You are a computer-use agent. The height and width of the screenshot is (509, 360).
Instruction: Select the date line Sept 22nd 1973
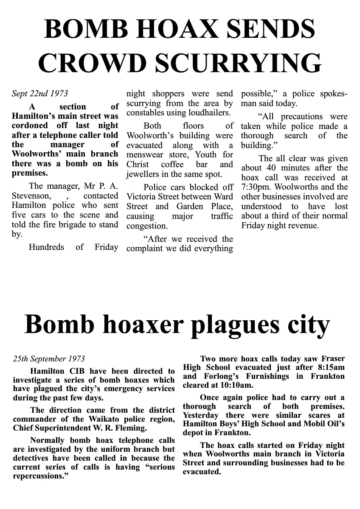tap(39, 93)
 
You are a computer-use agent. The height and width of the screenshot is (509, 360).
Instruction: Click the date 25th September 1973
tap(49, 359)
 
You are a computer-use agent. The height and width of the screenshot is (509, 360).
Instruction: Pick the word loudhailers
tap(209, 113)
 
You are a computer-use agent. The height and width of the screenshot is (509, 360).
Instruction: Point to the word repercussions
tap(41, 476)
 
